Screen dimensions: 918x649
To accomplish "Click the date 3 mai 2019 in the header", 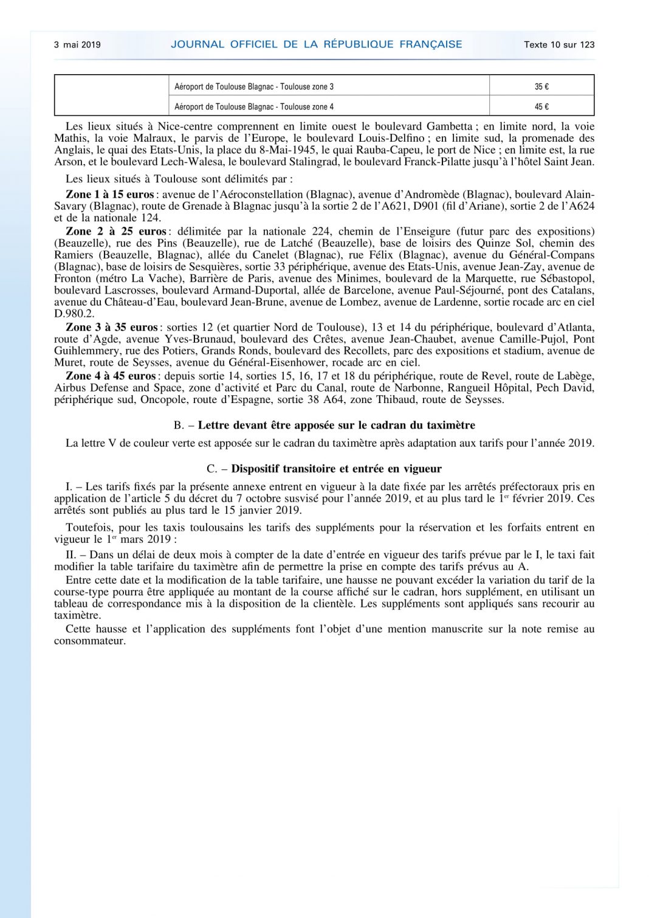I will [77, 44].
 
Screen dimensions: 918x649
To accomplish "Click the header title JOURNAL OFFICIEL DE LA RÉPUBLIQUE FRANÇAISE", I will [317, 44].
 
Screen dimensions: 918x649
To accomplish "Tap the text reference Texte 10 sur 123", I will [559, 44].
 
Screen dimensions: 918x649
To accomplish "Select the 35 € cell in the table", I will [541, 86].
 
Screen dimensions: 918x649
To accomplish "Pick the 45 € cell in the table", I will [541, 106].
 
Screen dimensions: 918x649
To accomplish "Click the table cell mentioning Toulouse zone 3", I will [254, 86].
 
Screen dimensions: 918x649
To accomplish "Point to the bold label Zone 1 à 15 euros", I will [110, 195].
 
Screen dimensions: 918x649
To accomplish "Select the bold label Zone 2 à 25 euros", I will [115, 232].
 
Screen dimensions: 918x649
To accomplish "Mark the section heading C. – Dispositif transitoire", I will [324, 469].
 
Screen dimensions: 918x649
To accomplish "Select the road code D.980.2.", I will [75, 314].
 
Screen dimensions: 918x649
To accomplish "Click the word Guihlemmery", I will [86, 351].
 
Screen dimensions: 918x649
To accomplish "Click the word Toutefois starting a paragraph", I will [89, 528].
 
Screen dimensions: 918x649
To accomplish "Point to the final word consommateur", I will [90, 641].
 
